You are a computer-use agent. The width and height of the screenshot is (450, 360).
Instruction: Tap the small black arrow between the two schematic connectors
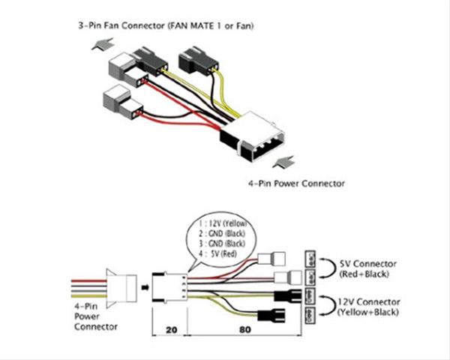[142, 285]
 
